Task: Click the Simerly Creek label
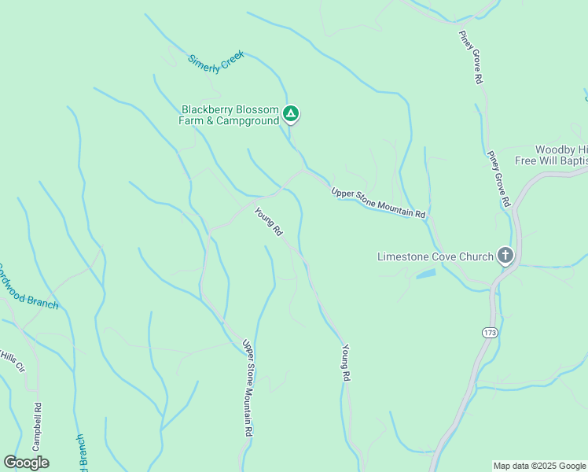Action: (x=216, y=62)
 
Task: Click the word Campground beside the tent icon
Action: (x=251, y=121)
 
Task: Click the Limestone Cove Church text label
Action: (x=435, y=256)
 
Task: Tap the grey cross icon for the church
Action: (x=505, y=256)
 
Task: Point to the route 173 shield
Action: (x=490, y=334)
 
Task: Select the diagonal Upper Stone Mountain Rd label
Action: (x=378, y=203)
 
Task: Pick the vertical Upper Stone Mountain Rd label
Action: (x=248, y=388)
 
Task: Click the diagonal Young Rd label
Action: (x=268, y=222)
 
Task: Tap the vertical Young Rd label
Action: (x=345, y=363)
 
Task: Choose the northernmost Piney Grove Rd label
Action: (x=476, y=57)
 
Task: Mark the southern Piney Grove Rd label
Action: (x=498, y=179)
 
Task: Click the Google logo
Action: (x=27, y=463)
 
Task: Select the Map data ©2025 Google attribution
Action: (x=538, y=466)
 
